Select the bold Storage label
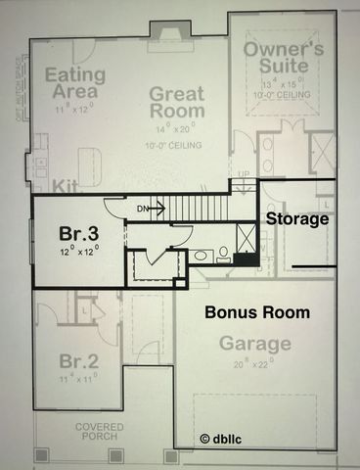297,218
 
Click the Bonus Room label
257,313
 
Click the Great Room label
176,103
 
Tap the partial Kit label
65,185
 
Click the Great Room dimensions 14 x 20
176,127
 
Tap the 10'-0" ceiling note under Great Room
176,145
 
